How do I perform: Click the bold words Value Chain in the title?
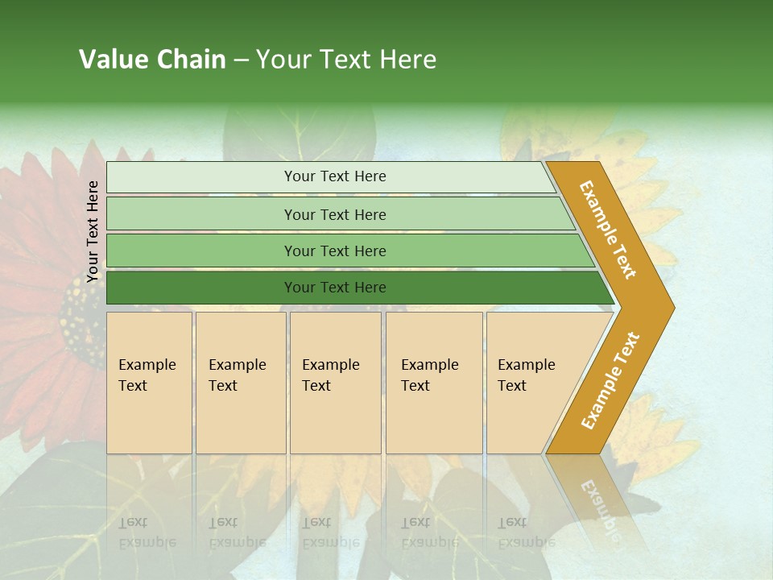pyautogui.click(x=152, y=60)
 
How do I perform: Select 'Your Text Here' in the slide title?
pyautogui.click(x=346, y=60)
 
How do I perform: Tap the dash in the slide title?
pyautogui.click(x=241, y=60)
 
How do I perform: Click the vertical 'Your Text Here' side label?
pyautogui.click(x=93, y=231)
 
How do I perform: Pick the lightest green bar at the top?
pyautogui.click(x=334, y=176)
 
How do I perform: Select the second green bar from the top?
pyautogui.click(x=334, y=214)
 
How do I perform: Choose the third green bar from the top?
pyautogui.click(x=334, y=251)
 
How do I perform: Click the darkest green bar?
pyautogui.click(x=334, y=288)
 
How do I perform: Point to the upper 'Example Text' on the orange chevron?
pyautogui.click(x=608, y=230)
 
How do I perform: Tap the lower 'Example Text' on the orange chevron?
pyautogui.click(x=610, y=381)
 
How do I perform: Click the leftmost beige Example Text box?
pyautogui.click(x=149, y=382)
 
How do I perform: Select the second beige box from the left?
pyautogui.click(x=240, y=382)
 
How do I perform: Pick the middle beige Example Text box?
pyautogui.click(x=335, y=382)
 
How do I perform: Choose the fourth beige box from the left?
pyautogui.click(x=433, y=382)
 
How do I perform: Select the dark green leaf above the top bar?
pyautogui.click(x=298, y=133)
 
